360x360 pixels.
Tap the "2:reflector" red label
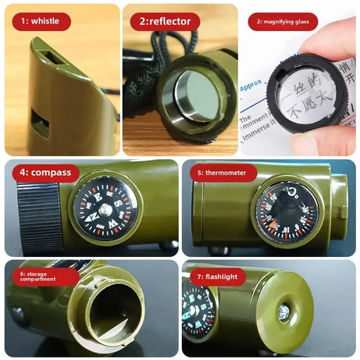pos(165,22)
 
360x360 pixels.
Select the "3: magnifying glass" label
pos(283,22)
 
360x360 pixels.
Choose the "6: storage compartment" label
pos(44,277)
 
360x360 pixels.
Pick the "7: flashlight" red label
pos(217,277)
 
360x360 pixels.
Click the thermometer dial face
pos(287,212)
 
